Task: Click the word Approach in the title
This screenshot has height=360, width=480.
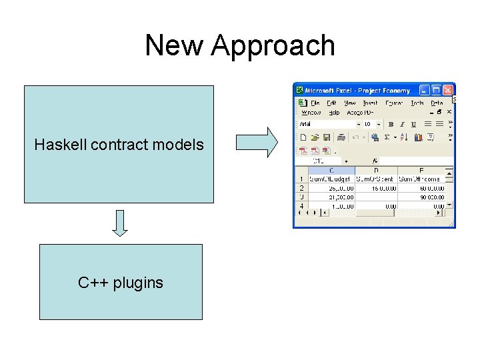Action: (273, 46)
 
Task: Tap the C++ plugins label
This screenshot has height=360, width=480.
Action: (120, 283)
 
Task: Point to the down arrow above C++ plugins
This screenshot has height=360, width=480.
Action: (119, 223)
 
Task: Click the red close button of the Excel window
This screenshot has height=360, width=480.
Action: (448, 90)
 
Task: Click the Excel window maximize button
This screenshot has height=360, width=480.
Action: (436, 90)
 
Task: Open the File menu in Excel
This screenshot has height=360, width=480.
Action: (315, 103)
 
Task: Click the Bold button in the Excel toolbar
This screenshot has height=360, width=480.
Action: (391, 124)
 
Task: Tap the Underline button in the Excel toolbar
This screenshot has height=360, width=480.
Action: (413, 124)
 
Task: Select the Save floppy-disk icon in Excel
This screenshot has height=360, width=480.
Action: (327, 137)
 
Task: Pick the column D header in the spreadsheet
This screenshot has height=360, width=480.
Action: (377, 171)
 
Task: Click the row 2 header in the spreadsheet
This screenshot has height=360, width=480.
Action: (301, 188)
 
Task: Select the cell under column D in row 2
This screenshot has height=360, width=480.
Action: (377, 188)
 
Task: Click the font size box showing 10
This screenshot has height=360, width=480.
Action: (368, 124)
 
